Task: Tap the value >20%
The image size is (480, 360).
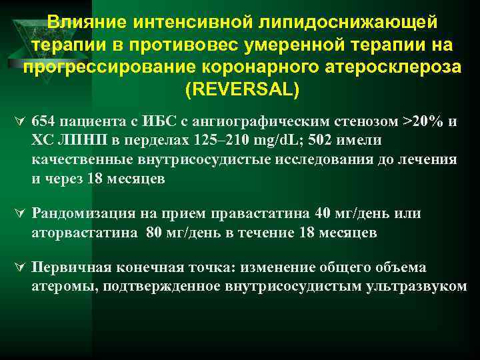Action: coord(414,122)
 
